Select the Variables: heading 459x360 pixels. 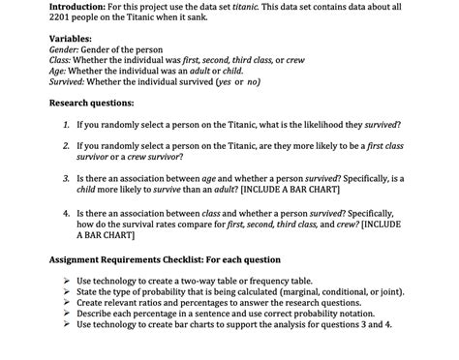76,39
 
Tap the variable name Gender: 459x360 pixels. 67,49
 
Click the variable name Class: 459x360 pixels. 63,60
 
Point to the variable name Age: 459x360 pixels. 59,71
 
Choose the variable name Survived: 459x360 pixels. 71,81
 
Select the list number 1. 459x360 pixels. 64,125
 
